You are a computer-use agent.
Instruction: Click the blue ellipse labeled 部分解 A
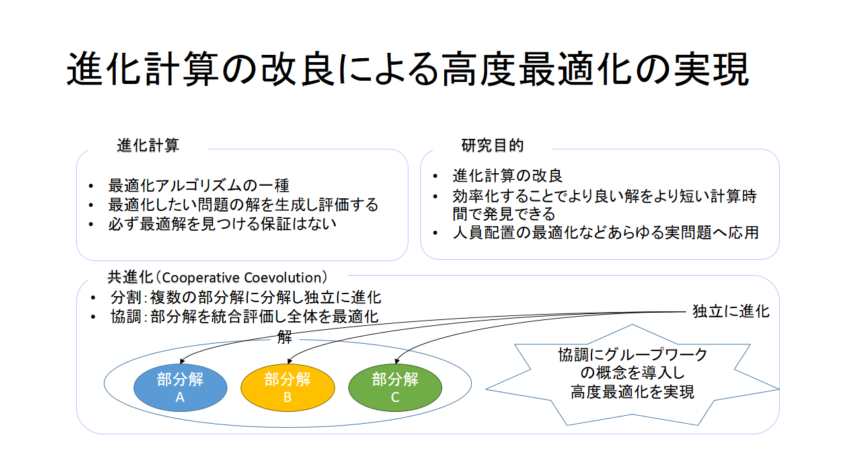pyautogui.click(x=180, y=387)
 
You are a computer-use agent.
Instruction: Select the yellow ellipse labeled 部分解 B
pyautogui.click(x=288, y=387)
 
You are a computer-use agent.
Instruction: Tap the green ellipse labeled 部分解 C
pyautogui.click(x=395, y=387)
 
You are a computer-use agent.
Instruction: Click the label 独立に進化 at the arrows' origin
pyautogui.click(x=731, y=311)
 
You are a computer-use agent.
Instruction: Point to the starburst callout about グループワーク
pyautogui.click(x=633, y=374)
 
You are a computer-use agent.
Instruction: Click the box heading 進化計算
pyautogui.click(x=147, y=145)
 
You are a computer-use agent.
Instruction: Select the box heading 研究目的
pyautogui.click(x=492, y=145)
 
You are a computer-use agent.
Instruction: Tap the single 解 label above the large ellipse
pyautogui.click(x=284, y=337)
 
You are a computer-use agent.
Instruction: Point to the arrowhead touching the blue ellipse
pyautogui.click(x=182, y=362)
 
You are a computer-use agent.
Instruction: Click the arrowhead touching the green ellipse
pyautogui.click(x=397, y=361)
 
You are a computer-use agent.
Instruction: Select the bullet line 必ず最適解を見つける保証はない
pyautogui.click(x=222, y=224)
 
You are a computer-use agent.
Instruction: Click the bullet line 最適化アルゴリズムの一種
pyautogui.click(x=199, y=186)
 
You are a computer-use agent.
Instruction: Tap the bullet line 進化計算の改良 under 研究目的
pyautogui.click(x=508, y=176)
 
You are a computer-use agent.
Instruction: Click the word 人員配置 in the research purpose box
pyautogui.click(x=484, y=232)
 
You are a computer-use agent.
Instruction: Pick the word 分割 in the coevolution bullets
pyautogui.click(x=126, y=297)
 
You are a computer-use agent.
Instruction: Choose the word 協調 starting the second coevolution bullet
pyautogui.click(x=126, y=317)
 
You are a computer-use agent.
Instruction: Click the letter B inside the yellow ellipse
pyautogui.click(x=288, y=397)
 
